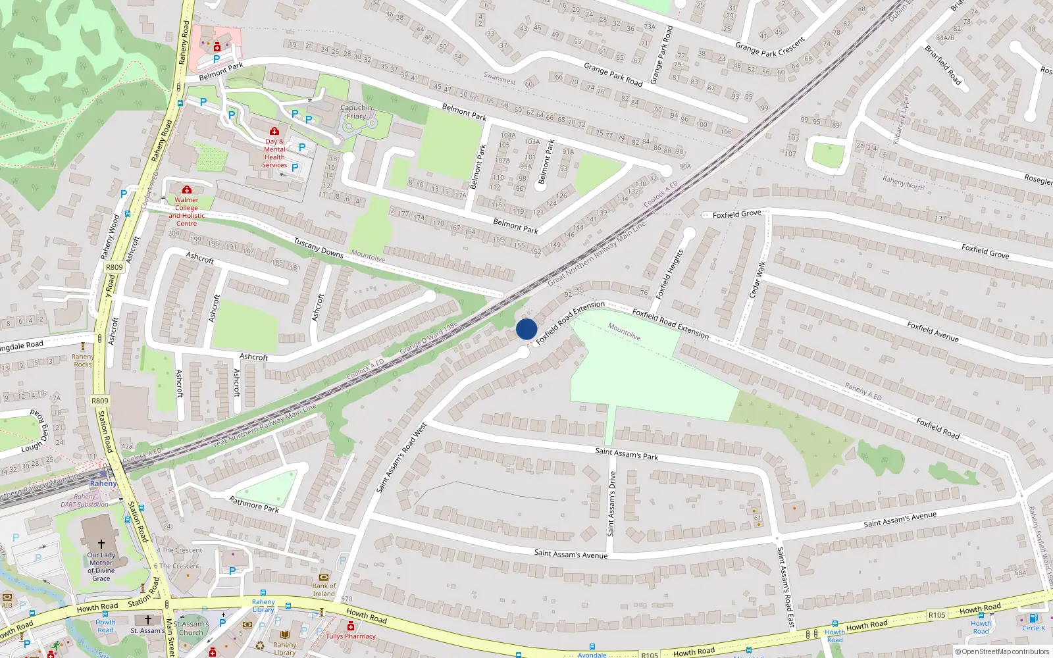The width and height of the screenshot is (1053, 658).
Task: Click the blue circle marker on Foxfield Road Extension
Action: coord(526,329)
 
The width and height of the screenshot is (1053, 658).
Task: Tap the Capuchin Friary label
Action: coord(356,112)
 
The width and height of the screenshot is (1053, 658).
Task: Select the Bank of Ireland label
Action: coord(324,589)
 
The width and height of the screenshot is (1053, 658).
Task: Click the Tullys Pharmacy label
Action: coord(351,636)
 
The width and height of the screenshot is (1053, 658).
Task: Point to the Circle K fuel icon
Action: coord(1033,618)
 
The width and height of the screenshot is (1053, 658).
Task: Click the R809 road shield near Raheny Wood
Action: coord(115,267)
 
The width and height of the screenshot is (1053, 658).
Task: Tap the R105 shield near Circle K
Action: coord(937,615)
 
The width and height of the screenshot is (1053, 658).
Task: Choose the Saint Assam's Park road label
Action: coord(627,453)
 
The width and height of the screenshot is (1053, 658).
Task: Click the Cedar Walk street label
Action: coord(758,279)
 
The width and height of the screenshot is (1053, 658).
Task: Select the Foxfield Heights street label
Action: coord(669,274)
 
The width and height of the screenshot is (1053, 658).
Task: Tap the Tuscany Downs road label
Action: coord(319,247)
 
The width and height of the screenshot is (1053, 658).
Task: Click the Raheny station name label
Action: coord(103,484)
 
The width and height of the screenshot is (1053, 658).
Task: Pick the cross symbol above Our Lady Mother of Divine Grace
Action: coord(101,544)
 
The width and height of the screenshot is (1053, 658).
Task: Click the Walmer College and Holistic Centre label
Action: coord(186,211)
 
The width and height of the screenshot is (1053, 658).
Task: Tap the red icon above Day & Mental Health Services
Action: coord(274,132)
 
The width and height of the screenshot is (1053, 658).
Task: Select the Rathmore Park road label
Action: coord(254,505)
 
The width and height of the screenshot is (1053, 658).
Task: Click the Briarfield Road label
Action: coord(943,65)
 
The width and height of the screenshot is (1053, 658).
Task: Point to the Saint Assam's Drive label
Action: coord(611,503)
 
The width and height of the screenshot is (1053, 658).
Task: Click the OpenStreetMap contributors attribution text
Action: coord(1005,651)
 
